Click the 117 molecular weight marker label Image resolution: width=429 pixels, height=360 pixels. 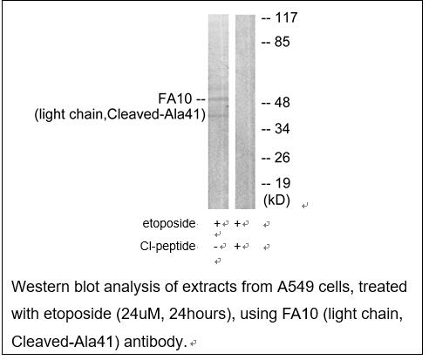pyautogui.click(x=286, y=17)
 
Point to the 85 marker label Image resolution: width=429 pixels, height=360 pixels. pyautogui.click(x=282, y=42)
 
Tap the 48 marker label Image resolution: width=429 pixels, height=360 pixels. pyautogui.click(x=282, y=103)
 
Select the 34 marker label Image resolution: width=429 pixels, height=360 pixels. pyautogui.click(x=282, y=129)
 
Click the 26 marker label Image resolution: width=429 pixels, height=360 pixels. pyautogui.click(x=283, y=158)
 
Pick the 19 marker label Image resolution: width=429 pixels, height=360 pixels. pyautogui.click(x=283, y=183)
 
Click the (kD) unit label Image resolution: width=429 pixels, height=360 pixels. pyautogui.click(x=276, y=200)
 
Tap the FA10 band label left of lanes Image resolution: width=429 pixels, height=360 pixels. pyautogui.click(x=175, y=98)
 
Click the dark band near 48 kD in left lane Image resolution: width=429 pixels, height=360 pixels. pyautogui.click(x=218, y=99)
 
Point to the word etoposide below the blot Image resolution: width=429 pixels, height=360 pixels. pyautogui.click(x=169, y=223)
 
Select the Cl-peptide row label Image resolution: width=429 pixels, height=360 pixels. pyautogui.click(x=167, y=246)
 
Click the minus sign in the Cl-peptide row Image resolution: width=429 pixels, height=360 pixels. pyautogui.click(x=215, y=247)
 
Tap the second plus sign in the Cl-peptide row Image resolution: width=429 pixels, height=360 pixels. pyautogui.click(x=237, y=247)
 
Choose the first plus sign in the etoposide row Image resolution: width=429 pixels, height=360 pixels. pyautogui.click(x=217, y=223)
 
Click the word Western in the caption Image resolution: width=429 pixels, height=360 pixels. pyautogui.click(x=40, y=287)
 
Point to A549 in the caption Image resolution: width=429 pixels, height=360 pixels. pyautogui.click(x=296, y=287)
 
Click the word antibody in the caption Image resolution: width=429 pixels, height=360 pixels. pyautogui.click(x=155, y=342)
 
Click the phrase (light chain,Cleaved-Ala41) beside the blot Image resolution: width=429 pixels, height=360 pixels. pyautogui.click(x=120, y=114)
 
